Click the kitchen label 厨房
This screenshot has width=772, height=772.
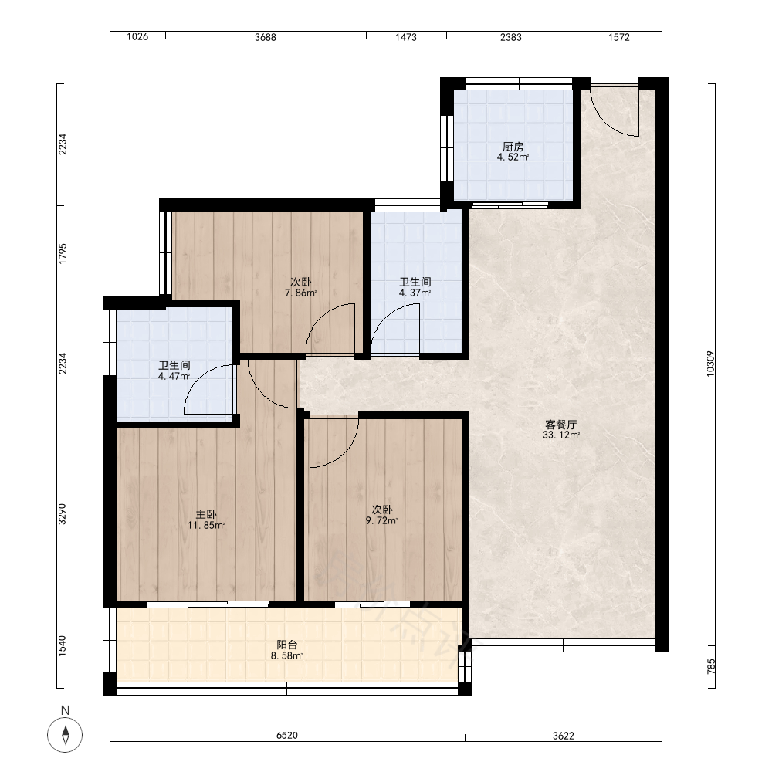tap(513, 147)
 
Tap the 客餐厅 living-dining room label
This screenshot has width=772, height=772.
tap(560, 425)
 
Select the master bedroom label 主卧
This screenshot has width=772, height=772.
tap(206, 514)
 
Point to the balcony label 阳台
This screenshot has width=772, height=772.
tap(286, 645)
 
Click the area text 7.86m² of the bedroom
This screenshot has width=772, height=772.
tap(300, 293)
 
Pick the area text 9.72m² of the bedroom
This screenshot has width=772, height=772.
tap(381, 520)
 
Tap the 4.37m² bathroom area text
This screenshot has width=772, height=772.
tap(415, 293)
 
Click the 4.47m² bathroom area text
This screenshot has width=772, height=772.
tap(174, 377)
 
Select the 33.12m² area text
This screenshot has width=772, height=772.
tap(560, 435)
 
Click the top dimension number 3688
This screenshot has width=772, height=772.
tap(266, 37)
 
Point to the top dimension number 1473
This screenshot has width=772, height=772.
tap(406, 37)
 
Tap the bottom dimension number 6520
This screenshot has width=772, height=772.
tap(287, 736)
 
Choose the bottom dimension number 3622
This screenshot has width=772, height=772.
tap(564, 736)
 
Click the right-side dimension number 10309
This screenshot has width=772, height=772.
tap(710, 364)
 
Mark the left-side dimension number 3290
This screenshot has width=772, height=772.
tap(62, 513)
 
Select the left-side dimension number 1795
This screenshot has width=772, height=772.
tap(62, 254)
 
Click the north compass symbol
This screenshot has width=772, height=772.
tap(65, 735)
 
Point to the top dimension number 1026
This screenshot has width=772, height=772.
tap(137, 36)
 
